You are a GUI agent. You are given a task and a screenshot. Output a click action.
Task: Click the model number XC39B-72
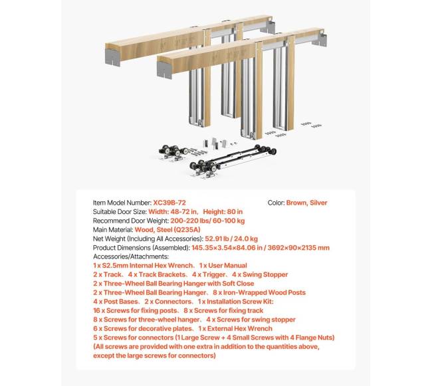tap(173, 203)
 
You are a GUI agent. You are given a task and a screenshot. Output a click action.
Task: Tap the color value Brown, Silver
tap(306, 203)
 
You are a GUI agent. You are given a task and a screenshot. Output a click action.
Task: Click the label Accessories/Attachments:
tap(132, 256)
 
